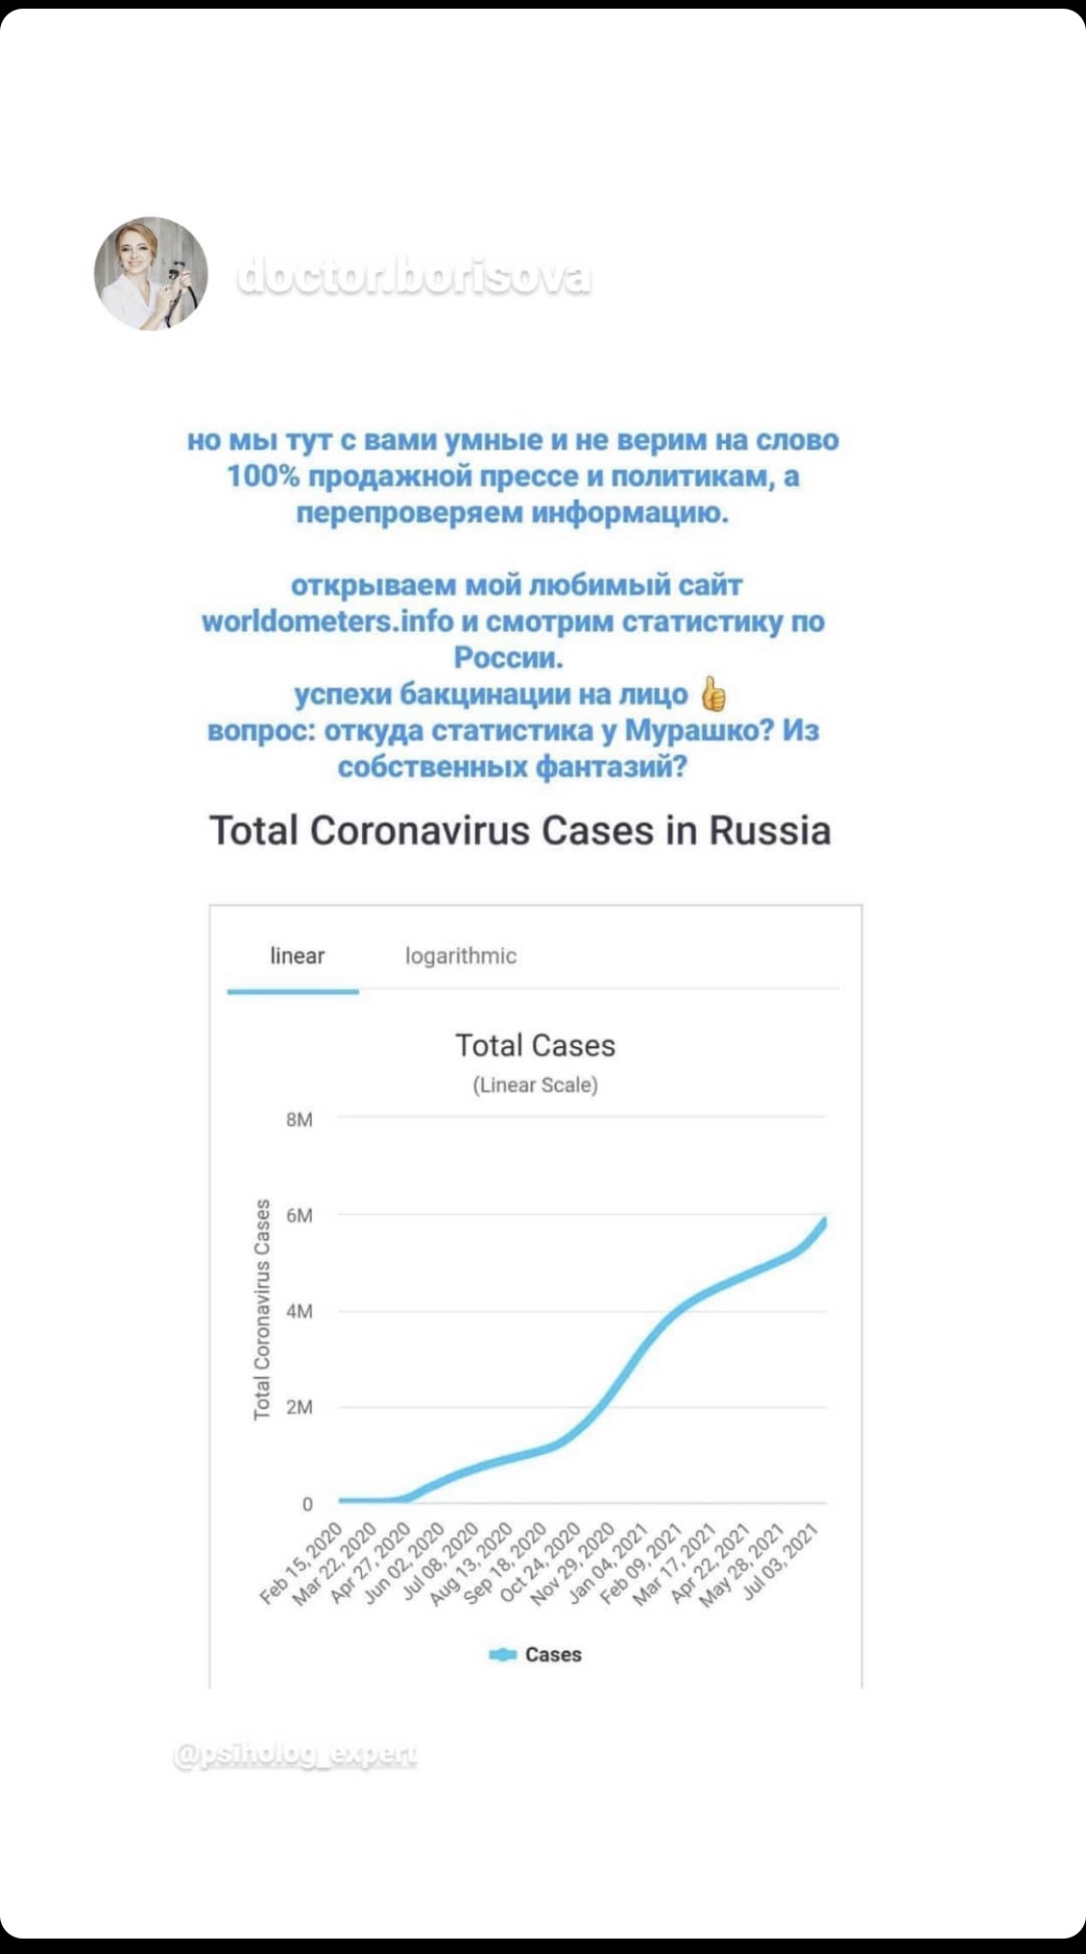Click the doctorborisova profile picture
151,274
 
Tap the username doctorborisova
413,277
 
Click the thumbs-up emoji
712,694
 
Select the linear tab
296,956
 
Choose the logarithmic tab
460,956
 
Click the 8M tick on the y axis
299,1119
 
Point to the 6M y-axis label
299,1215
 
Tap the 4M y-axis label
299,1311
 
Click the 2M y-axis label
299,1407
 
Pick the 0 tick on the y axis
307,1503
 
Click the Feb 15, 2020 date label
302,1562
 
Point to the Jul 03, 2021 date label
782,1561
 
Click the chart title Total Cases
535,1045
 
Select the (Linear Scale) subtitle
535,1086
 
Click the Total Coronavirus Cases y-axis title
262,1309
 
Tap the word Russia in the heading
769,831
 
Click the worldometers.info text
327,621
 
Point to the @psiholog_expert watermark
295,1753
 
